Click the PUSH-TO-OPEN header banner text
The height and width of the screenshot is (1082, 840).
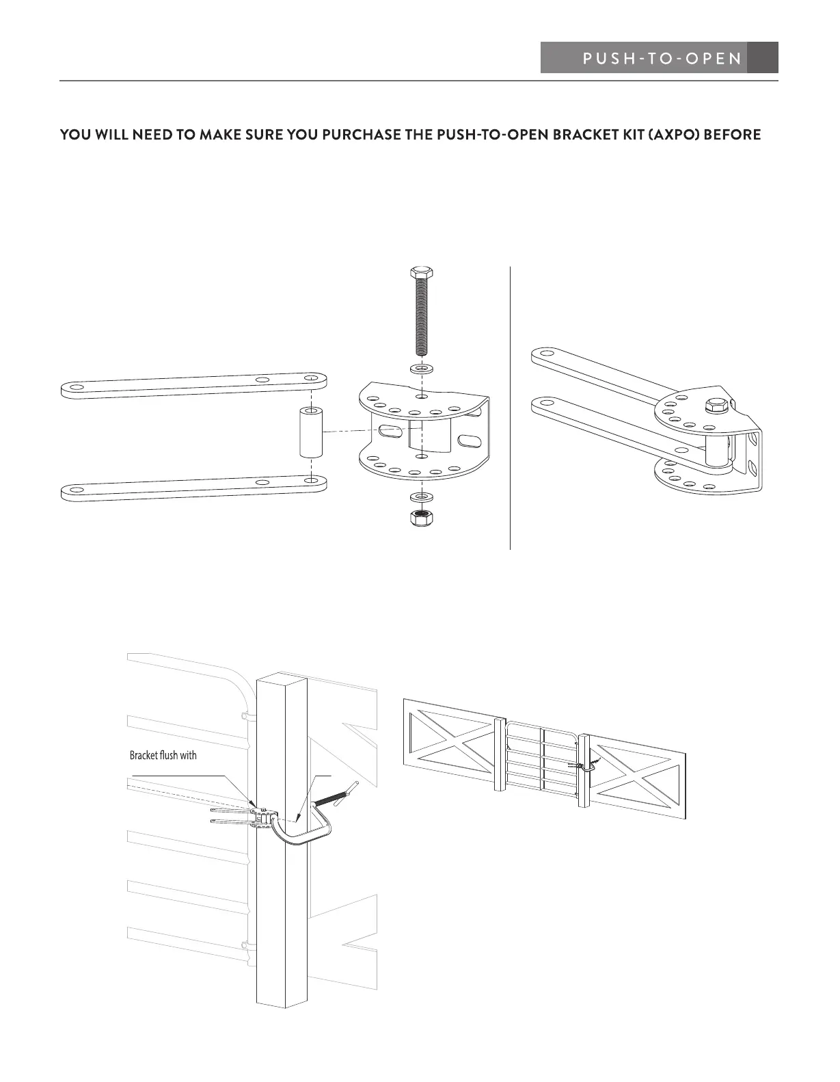(662, 58)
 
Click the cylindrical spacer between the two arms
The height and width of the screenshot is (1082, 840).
(311, 434)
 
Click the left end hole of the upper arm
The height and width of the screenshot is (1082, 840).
(77, 388)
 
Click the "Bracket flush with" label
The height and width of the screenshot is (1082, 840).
(163, 756)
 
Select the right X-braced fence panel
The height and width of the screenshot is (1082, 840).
(636, 776)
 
